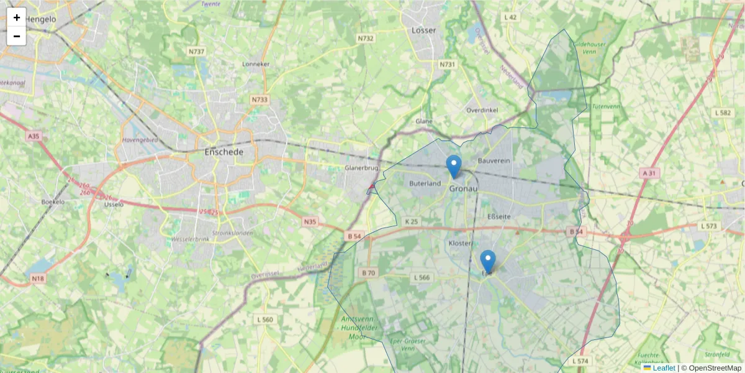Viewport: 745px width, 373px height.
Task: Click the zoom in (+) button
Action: coord(17,17)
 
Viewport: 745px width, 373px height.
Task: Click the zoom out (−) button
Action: coord(17,36)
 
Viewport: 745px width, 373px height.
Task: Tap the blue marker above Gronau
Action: coord(454,166)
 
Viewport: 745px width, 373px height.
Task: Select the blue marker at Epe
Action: coord(488,261)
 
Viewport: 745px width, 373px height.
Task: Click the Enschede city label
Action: coord(223,152)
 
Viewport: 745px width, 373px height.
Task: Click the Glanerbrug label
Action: coord(361,168)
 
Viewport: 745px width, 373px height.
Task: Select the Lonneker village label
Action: coord(256,64)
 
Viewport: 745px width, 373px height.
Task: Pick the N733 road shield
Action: coord(260,99)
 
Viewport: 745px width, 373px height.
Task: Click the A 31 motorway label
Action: coord(649,172)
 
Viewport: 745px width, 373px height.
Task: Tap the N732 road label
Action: coord(366,39)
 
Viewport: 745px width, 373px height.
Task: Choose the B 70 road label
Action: coord(368,272)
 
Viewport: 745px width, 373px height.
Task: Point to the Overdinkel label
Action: coord(482,110)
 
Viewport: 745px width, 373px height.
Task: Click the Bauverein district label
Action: coord(494,161)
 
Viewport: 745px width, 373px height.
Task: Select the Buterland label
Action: coord(425,183)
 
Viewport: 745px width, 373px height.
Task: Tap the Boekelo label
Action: coord(53,202)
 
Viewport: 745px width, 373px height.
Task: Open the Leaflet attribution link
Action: coord(663,368)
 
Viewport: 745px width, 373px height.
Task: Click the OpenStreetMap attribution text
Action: coord(715,368)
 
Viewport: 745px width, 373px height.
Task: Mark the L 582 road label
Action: coord(723,113)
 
